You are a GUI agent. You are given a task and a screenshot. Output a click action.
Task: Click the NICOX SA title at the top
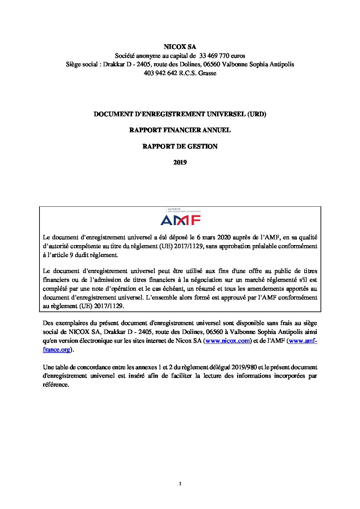(180, 47)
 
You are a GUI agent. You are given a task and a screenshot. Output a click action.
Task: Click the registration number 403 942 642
(160, 73)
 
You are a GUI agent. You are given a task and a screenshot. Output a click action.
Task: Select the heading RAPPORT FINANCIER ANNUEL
(180, 130)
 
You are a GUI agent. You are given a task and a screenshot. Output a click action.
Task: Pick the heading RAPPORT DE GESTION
(180, 147)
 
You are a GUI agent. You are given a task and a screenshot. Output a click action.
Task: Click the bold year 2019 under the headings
(180, 163)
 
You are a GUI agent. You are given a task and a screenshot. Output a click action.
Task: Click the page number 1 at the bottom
(180, 484)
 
